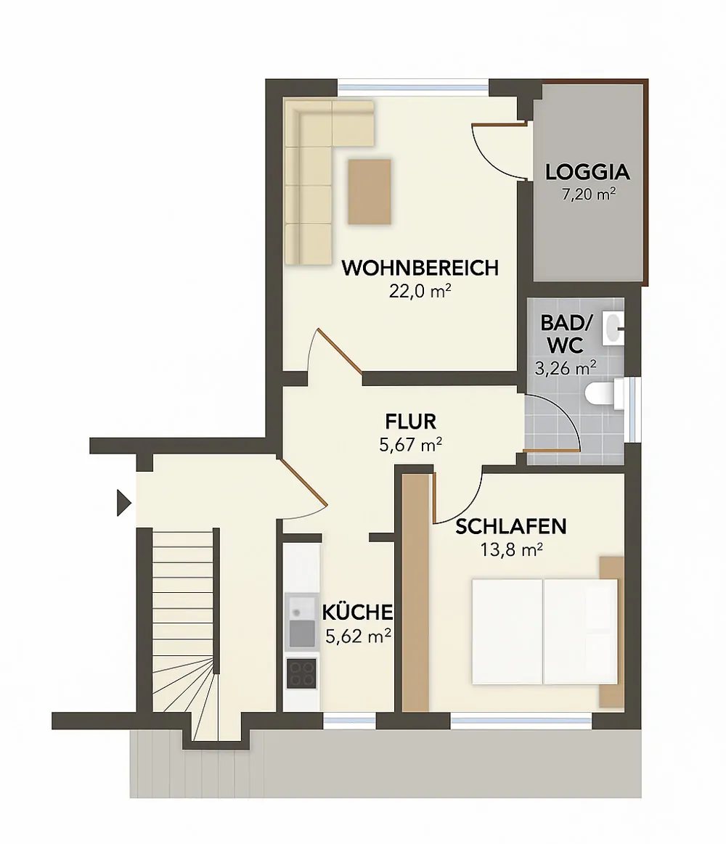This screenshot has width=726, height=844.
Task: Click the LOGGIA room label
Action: coord(587,173)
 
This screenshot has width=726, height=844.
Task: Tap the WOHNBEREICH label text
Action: coord(420,268)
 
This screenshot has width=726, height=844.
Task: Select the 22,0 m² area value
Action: coord(420,291)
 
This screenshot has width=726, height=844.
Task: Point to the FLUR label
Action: coord(410,421)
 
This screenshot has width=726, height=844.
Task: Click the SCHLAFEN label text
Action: coord(511,527)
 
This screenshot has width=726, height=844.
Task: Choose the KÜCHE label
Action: coord(358,612)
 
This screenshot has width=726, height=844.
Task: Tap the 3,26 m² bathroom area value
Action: coord(566,368)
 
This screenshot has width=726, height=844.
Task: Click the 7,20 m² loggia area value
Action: coord(588,194)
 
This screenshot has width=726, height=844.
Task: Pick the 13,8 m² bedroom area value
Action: coord(512,549)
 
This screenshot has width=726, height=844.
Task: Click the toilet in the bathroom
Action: coord(601,394)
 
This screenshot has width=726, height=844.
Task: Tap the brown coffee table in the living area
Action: coord(370,192)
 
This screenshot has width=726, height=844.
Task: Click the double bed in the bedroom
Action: coord(544,631)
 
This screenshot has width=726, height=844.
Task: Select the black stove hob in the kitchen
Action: coord(301,673)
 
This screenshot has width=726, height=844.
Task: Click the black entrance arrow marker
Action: coord(123,502)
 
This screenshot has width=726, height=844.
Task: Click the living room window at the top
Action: coord(413,86)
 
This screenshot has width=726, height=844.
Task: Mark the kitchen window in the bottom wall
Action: coord(349,720)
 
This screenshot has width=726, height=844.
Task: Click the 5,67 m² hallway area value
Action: coord(410,444)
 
